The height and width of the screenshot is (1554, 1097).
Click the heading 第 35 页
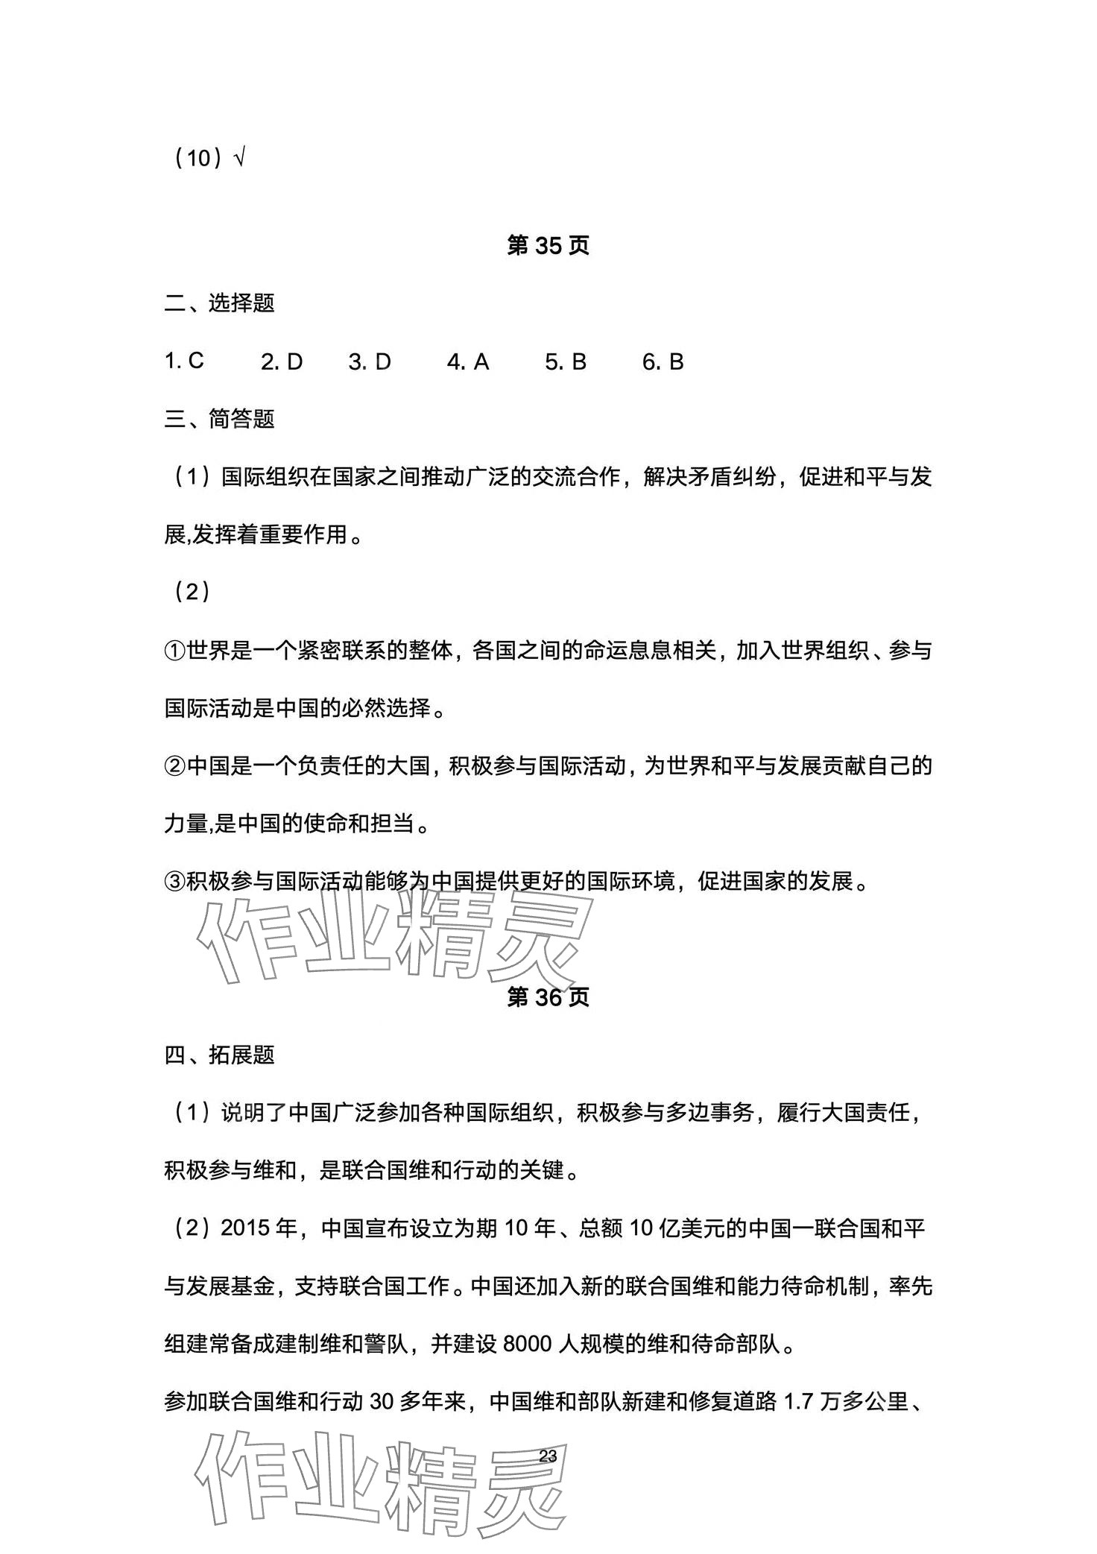click(x=548, y=246)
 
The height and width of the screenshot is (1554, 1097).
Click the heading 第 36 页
click(x=548, y=997)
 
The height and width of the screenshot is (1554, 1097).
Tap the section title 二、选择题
click(x=219, y=303)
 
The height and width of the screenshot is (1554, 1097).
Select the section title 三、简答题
click(x=219, y=419)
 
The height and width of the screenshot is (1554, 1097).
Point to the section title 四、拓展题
click(x=219, y=1055)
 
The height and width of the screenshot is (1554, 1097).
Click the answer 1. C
click(x=184, y=361)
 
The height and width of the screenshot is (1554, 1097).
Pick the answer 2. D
click(x=282, y=362)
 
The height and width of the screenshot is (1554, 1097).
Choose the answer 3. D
click(x=370, y=362)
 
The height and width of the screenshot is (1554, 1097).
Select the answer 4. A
click(x=468, y=362)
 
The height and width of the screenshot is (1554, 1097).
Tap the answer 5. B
click(x=566, y=362)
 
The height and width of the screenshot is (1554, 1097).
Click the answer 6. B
click(x=663, y=362)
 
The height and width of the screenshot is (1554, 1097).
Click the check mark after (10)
click(x=239, y=159)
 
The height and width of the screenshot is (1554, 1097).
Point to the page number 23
click(x=548, y=1456)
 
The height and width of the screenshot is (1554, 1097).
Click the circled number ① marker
click(x=174, y=651)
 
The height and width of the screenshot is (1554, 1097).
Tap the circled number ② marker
click(x=174, y=766)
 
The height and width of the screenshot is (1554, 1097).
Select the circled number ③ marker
click(x=174, y=882)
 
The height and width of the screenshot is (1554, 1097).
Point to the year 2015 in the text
click(x=245, y=1228)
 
